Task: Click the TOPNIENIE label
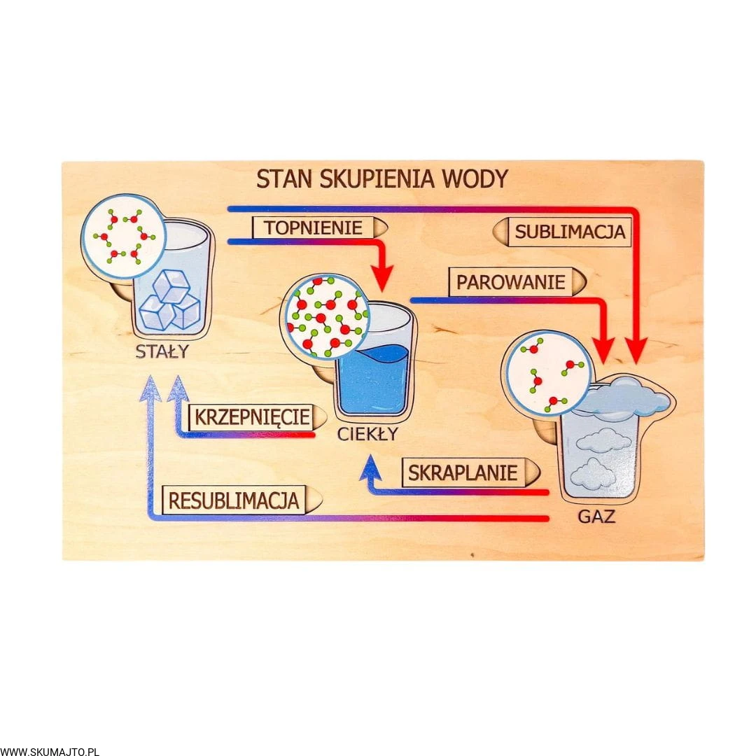(x=314, y=227)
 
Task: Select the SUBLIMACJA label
(x=569, y=232)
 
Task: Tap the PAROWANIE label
(x=510, y=282)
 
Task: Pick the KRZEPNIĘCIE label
(x=251, y=417)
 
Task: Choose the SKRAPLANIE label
(x=463, y=472)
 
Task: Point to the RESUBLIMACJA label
(x=233, y=500)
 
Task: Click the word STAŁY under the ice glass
(x=162, y=351)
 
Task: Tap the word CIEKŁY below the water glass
(x=367, y=434)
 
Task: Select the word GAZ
(x=596, y=517)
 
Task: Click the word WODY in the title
(x=475, y=178)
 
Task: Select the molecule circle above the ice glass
(x=123, y=235)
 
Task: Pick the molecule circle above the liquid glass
(x=325, y=316)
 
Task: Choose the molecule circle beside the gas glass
(x=547, y=373)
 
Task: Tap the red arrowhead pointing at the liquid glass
(x=381, y=279)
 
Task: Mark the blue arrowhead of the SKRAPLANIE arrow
(x=369, y=468)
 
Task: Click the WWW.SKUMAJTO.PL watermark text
(x=50, y=751)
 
